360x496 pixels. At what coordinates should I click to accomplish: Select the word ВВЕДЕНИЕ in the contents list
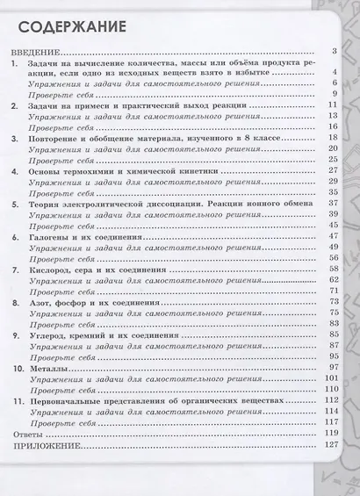33,54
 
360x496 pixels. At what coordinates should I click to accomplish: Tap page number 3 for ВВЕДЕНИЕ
335,54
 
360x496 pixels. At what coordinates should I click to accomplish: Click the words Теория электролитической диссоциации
112,204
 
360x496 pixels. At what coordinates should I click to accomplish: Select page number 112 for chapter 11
330,399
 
